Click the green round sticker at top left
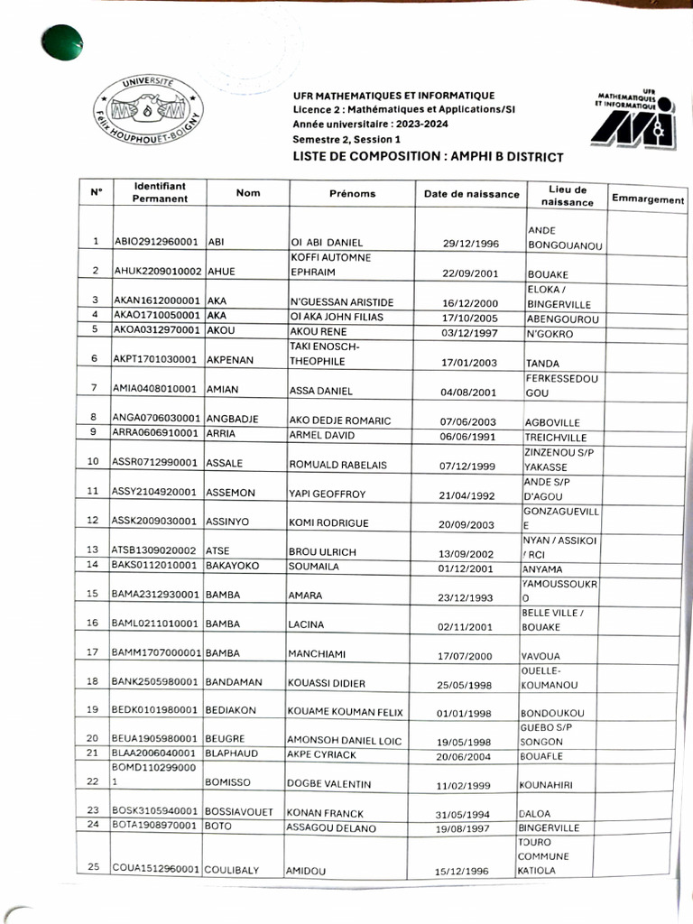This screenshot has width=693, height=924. (x=62, y=42)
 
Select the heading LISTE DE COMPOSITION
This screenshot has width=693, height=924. (x=428, y=157)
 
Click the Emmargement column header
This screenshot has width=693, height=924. (x=647, y=199)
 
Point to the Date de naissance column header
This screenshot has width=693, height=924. (x=472, y=194)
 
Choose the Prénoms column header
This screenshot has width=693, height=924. (x=352, y=194)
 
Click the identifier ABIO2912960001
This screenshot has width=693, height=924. (x=158, y=243)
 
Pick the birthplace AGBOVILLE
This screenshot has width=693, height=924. (x=552, y=422)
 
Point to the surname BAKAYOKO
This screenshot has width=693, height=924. (x=239, y=565)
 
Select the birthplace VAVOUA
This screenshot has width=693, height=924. (x=542, y=656)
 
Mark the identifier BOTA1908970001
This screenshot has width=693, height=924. (x=155, y=825)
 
